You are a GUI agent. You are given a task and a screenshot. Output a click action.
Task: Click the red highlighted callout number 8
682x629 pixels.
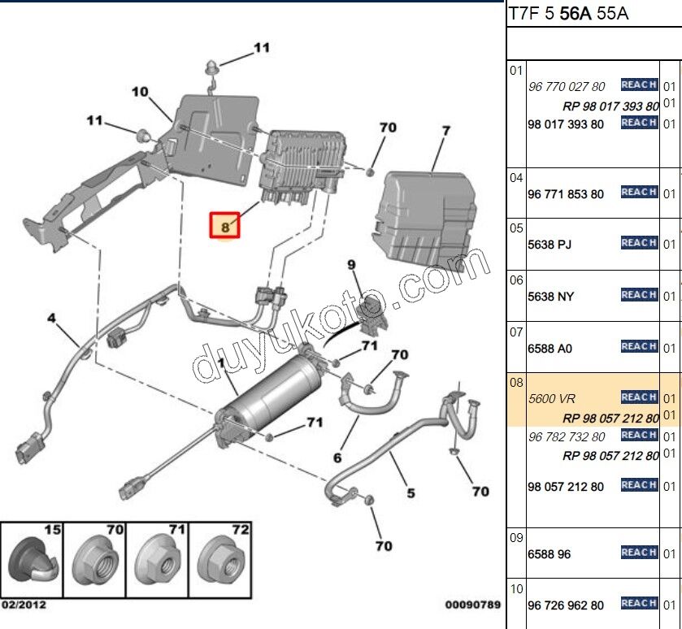coord(225,227)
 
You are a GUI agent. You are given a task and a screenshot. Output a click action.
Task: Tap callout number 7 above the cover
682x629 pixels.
coord(445,131)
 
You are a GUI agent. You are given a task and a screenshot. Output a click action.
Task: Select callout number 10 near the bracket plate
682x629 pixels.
coord(140,92)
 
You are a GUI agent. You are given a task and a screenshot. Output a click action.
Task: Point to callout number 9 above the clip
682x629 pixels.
coord(352,265)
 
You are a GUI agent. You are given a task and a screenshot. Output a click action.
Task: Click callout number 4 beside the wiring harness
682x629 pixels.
coord(51,319)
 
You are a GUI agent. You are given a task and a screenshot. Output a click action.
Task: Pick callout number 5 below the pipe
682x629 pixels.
coord(411,492)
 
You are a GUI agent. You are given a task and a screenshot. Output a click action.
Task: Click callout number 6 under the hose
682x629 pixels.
coord(337,458)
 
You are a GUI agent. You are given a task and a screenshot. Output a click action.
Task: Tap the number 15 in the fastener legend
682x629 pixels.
coord(52,530)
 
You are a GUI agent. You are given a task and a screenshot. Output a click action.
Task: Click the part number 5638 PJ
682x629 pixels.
coord(550,244)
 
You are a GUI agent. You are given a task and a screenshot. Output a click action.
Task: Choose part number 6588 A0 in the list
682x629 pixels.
coord(550,348)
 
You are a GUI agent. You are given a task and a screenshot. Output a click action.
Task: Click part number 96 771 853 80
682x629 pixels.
coord(566,194)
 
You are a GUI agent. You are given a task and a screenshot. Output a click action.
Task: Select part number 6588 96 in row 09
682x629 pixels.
coord(550,554)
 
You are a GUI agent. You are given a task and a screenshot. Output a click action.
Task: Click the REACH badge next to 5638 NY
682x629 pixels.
coord(639,295)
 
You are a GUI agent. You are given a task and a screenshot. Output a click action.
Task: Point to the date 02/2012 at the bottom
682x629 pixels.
coord(24,605)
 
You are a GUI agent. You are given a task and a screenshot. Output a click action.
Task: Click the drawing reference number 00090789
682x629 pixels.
coord(472,605)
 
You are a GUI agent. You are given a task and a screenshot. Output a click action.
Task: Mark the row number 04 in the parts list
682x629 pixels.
coord(516,177)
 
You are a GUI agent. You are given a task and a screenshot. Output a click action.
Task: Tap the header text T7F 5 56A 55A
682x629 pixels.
coord(568,14)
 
